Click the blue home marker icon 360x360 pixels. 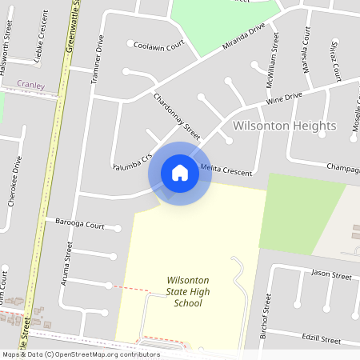(180, 172)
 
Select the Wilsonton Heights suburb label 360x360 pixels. (284, 126)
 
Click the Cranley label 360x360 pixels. (30, 84)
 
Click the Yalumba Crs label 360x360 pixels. (132, 160)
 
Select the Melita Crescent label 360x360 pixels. (226, 170)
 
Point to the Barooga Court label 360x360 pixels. (80, 226)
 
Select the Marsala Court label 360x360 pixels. (306, 49)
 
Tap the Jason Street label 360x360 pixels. (331, 275)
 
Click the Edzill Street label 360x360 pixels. (320, 339)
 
